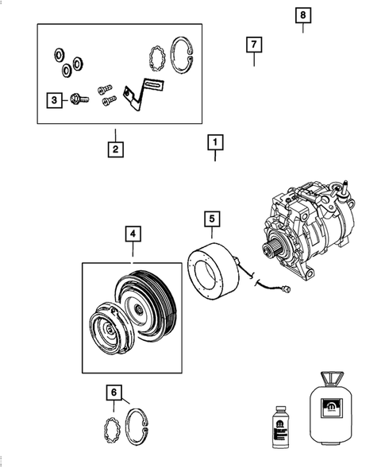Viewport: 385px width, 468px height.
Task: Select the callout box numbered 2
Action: [x=115, y=148]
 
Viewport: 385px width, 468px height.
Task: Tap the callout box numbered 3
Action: [x=54, y=99]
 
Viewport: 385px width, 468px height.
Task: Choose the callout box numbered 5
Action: [x=212, y=218]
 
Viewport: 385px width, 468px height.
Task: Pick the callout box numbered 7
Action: [x=253, y=44]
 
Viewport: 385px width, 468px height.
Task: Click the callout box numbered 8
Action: [x=302, y=15]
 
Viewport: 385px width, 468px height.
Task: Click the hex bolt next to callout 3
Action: [x=78, y=99]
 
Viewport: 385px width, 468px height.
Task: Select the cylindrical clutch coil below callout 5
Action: [x=213, y=266]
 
